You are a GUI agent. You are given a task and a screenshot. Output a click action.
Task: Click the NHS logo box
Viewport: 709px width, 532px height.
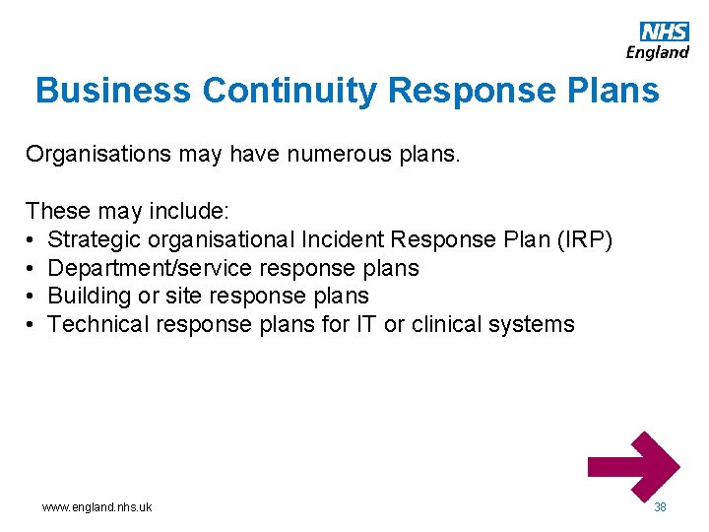(665, 32)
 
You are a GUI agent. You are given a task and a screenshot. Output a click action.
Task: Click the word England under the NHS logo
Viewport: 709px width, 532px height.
(658, 52)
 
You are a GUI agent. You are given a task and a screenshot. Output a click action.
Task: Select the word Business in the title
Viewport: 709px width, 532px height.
(113, 91)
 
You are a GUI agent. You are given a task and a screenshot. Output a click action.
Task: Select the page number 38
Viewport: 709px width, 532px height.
(660, 506)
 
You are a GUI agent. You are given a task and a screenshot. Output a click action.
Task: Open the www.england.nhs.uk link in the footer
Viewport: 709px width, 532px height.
(97, 506)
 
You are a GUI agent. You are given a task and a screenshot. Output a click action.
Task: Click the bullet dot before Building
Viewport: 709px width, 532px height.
(32, 297)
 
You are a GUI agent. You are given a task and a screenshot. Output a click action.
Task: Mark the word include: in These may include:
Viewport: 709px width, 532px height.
(191, 211)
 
